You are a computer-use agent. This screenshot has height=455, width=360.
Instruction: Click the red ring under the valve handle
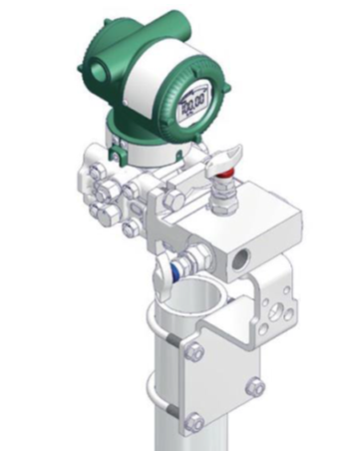tap(225, 182)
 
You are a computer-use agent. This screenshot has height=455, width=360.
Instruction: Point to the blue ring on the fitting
tap(176, 268)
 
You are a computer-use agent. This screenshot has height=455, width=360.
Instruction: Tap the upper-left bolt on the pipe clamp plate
tap(195, 352)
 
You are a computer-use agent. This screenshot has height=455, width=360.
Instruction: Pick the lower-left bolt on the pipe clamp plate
tap(196, 420)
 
